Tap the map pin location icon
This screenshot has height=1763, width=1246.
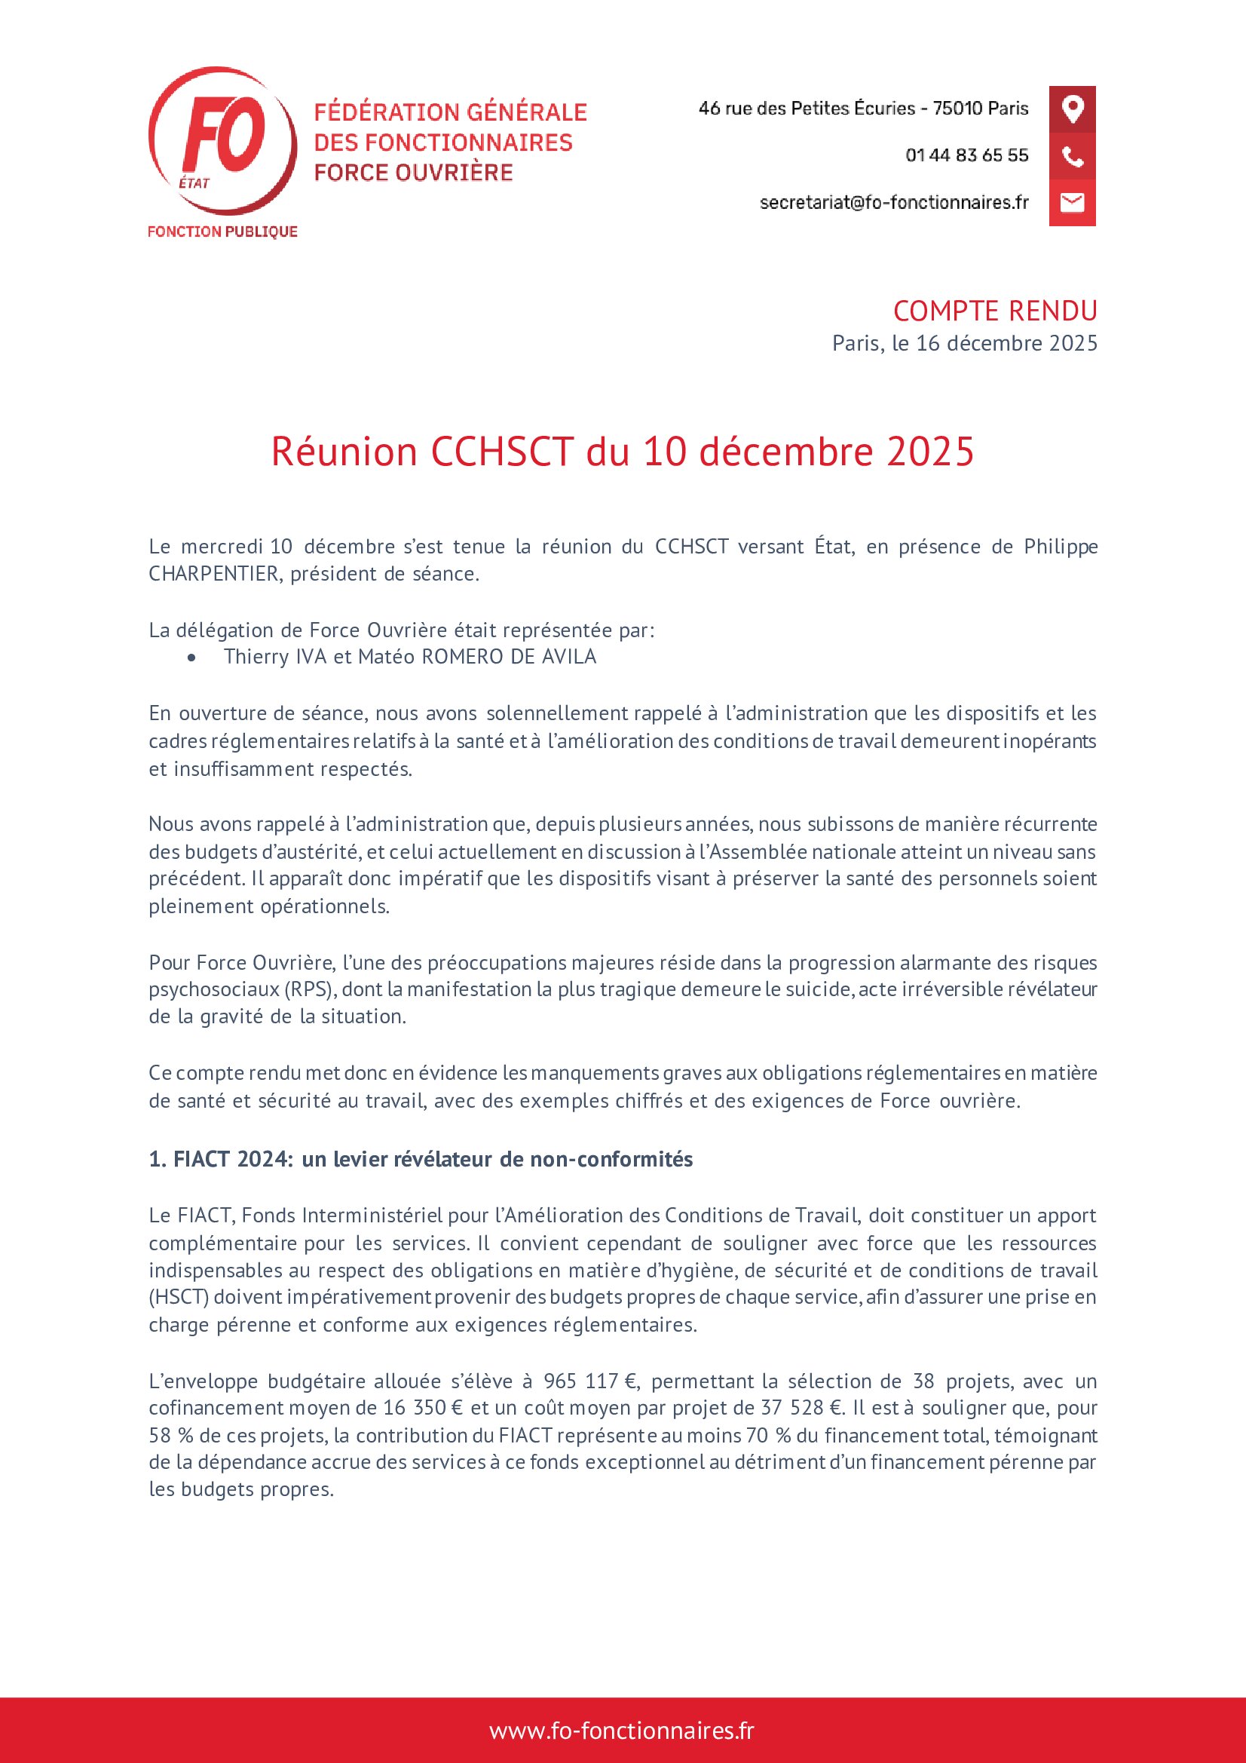[1072, 109]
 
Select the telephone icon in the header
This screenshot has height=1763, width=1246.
[1072, 157]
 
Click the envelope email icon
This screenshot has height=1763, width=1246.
[1072, 203]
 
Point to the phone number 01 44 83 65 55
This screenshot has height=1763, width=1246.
[966, 156]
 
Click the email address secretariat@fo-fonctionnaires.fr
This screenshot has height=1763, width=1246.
[894, 203]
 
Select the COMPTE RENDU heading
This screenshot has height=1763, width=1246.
[995, 311]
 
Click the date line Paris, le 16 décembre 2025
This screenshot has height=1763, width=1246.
[964, 343]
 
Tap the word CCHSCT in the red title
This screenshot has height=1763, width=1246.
[502, 452]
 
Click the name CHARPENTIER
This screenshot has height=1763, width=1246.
[213, 575]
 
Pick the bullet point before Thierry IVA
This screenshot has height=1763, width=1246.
[191, 658]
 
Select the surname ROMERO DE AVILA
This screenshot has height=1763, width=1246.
[504, 658]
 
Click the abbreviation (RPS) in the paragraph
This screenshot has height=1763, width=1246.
[308, 989]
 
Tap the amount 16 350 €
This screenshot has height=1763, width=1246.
[422, 1409]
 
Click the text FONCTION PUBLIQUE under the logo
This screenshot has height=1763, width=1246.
[222, 232]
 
